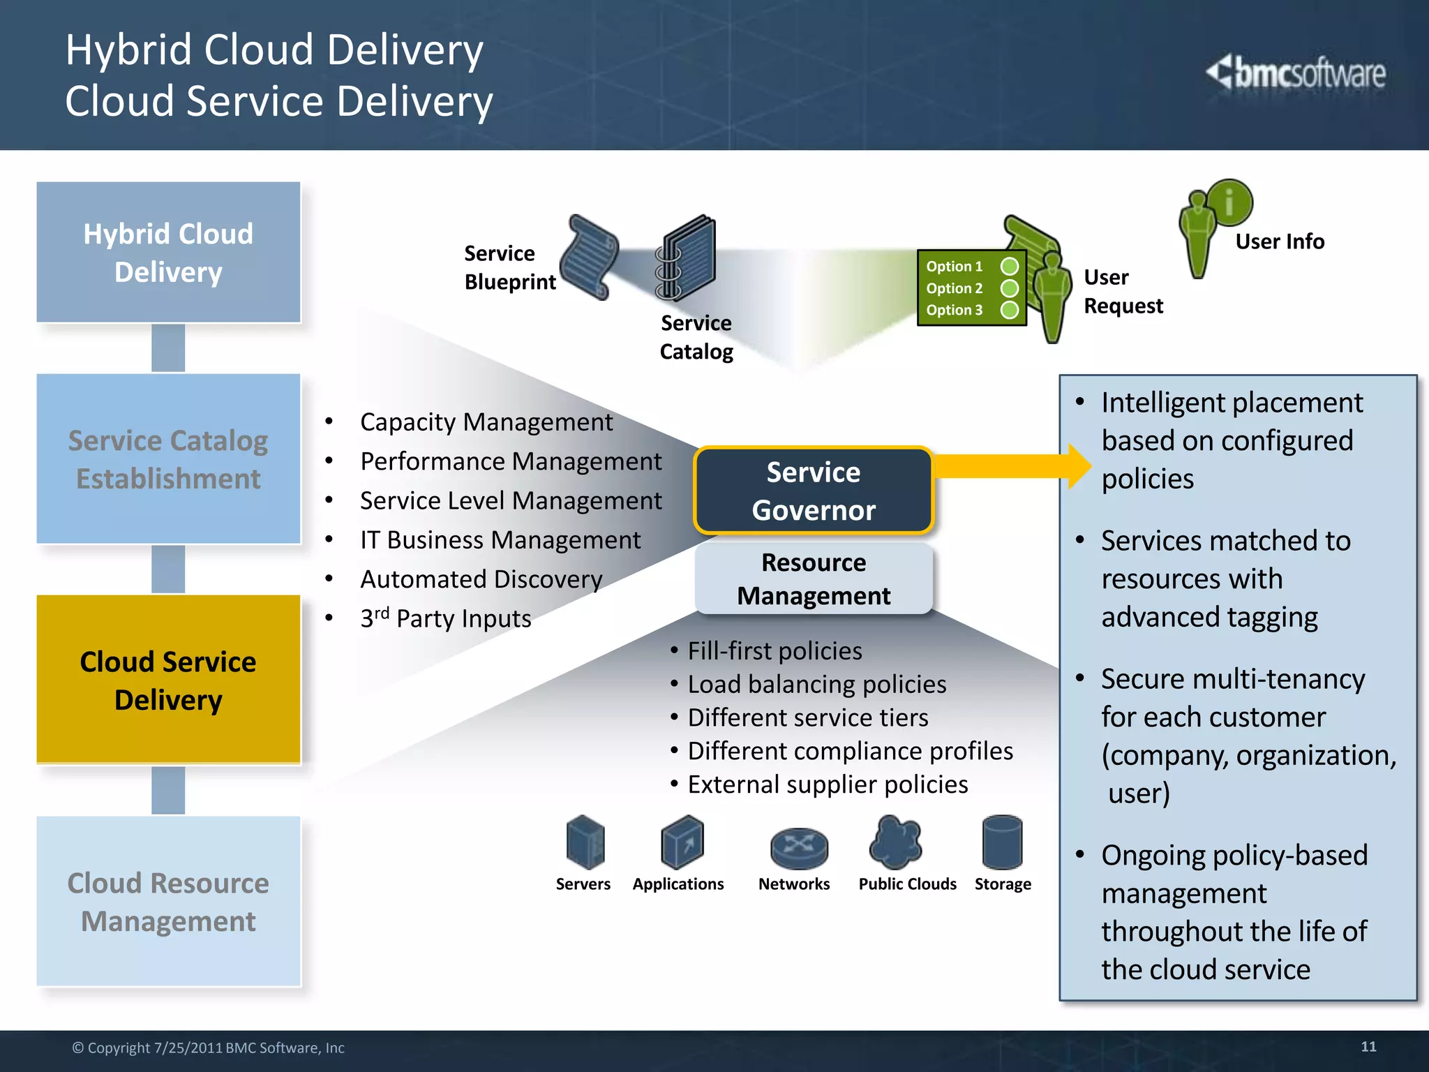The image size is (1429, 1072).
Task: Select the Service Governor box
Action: tap(814, 491)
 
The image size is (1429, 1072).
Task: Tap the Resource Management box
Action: tap(814, 579)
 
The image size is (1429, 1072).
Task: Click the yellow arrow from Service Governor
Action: tap(1012, 466)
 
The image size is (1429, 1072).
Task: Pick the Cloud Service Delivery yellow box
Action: tap(168, 680)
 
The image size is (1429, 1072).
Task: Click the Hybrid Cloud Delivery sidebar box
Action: tap(168, 252)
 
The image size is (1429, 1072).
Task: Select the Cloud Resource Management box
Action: tap(168, 901)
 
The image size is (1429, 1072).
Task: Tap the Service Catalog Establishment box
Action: tap(168, 459)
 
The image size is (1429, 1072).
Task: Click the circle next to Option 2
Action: tap(1009, 288)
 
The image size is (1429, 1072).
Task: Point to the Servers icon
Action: tap(585, 842)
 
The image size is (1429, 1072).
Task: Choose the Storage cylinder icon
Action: tap(1002, 842)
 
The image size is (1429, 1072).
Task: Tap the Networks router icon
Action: tap(799, 847)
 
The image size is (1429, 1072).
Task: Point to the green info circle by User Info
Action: tap(1229, 202)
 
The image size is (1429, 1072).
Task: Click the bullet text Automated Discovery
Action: tap(481, 579)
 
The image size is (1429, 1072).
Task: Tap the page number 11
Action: tap(1368, 1046)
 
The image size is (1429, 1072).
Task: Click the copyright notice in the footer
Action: tap(208, 1048)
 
